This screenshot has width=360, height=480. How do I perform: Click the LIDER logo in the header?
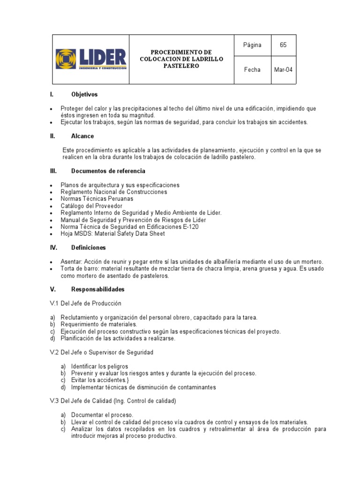[x=91, y=59]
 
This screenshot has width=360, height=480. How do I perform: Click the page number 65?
[x=283, y=45]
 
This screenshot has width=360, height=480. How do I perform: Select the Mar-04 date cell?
[x=283, y=70]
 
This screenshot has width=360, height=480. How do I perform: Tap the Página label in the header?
[x=252, y=45]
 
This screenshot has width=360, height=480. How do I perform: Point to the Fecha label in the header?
[x=252, y=70]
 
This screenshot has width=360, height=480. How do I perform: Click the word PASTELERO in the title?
[x=181, y=66]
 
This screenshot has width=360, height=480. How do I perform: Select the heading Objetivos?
[x=84, y=95]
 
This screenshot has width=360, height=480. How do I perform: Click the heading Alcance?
[x=82, y=136]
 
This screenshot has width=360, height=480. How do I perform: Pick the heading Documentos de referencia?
[x=108, y=171]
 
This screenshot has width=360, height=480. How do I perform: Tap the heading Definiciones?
[x=88, y=247]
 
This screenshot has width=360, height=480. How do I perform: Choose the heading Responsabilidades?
[x=97, y=290]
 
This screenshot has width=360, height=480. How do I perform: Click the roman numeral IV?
[x=53, y=247]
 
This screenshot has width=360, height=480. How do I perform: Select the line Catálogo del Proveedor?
[x=91, y=206]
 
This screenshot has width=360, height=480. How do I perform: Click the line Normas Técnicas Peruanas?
[x=97, y=199]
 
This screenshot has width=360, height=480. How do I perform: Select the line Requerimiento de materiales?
[x=98, y=324]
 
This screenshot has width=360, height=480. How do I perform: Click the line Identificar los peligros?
[x=99, y=366]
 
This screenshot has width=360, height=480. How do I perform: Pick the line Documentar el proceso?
[x=102, y=415]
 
